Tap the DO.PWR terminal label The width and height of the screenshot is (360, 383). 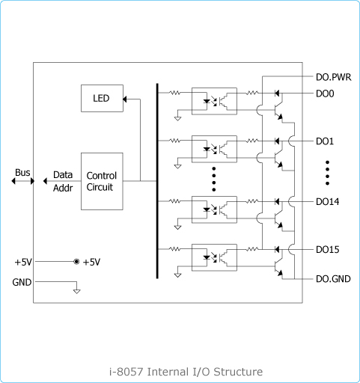tap(333, 77)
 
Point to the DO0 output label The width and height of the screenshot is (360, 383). tap(325, 94)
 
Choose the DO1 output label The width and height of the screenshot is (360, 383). tap(325, 141)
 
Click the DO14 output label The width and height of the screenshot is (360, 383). tap(327, 202)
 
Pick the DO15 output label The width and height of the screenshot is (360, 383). tap(327, 250)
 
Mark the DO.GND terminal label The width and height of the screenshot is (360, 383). tap(333, 279)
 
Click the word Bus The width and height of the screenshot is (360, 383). tap(22, 172)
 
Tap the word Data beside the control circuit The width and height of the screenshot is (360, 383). tap(63, 175)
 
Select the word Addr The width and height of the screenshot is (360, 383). tap(63, 188)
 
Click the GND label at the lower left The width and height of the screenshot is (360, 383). tap(22, 282)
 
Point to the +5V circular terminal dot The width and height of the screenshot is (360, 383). tap(76, 262)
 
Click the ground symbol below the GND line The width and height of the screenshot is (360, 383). tap(77, 291)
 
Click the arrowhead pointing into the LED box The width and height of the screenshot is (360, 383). tap(125, 99)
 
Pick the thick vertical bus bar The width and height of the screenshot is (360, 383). tap(157, 181)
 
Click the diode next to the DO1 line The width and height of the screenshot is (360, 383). tap(277, 141)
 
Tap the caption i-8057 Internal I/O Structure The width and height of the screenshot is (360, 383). tap(186, 372)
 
